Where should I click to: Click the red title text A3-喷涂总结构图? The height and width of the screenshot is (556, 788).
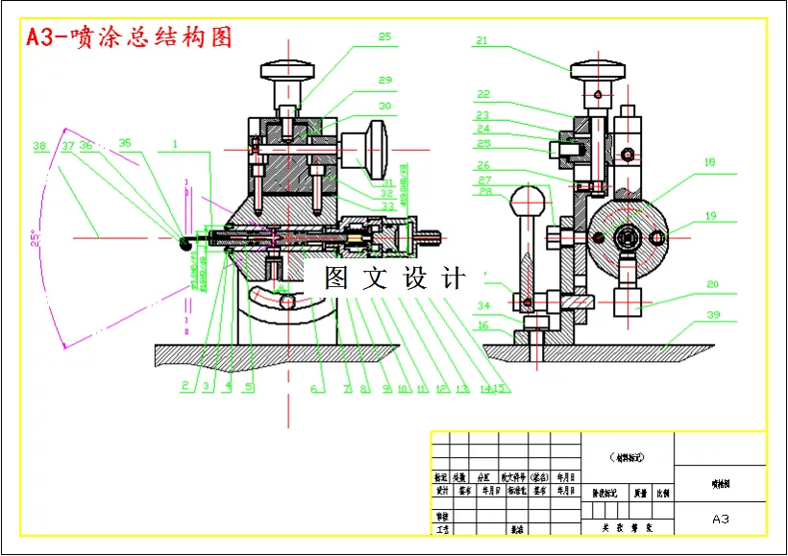tap(129, 37)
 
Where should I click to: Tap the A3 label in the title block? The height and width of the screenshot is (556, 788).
tap(721, 519)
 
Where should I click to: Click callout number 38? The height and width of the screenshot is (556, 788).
tap(39, 147)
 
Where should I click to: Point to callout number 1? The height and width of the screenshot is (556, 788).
tap(176, 146)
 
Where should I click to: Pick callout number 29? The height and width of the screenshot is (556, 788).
tap(384, 81)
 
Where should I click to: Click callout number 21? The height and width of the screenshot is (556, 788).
tap(481, 41)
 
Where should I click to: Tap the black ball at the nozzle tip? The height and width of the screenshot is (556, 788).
tap(185, 245)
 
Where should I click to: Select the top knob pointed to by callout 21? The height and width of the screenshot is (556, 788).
tap(598, 71)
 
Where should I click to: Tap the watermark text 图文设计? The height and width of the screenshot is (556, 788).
tap(395, 278)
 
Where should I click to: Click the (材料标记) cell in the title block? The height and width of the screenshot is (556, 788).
tap(628, 457)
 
